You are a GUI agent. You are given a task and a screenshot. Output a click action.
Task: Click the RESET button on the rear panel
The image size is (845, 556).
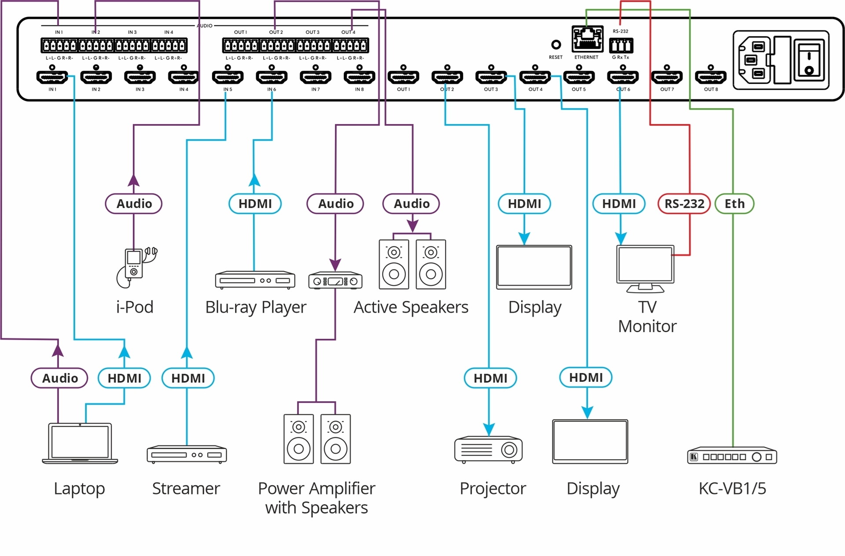tap(556, 44)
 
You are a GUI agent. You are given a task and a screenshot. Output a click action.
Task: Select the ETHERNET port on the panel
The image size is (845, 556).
tap(587, 39)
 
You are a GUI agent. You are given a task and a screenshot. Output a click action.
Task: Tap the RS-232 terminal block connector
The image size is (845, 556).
tap(621, 45)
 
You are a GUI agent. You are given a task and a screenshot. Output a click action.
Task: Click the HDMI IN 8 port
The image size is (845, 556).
tap(360, 77)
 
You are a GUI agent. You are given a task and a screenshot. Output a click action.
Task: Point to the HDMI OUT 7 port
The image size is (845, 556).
tap(667, 77)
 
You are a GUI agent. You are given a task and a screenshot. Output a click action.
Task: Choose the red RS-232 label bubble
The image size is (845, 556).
tap(684, 204)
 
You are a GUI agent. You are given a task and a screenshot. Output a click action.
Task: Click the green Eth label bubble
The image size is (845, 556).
tap(734, 204)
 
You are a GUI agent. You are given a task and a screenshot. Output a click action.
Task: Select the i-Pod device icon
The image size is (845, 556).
tap(136, 267)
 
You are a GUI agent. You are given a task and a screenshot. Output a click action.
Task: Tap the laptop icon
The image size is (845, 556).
tap(80, 443)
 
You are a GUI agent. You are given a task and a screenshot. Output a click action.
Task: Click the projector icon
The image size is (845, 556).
tap(489, 450)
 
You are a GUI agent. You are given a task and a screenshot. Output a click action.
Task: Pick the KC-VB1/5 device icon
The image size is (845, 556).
tap(732, 457)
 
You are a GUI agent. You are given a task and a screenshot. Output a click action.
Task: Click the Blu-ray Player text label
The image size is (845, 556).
tap(256, 307)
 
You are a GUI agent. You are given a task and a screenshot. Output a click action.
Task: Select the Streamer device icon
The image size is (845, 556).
tap(187, 454)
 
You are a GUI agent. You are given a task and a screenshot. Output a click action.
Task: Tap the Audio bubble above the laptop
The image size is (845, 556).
tap(59, 378)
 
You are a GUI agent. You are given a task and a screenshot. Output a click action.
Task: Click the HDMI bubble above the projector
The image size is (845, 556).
tap(490, 378)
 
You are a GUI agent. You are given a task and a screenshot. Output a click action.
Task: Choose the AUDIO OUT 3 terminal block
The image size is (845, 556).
tap(314, 45)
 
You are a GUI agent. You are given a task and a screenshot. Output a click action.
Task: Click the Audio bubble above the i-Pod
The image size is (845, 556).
tap(134, 204)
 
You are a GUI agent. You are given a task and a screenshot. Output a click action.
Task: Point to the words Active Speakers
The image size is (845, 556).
tap(411, 307)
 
